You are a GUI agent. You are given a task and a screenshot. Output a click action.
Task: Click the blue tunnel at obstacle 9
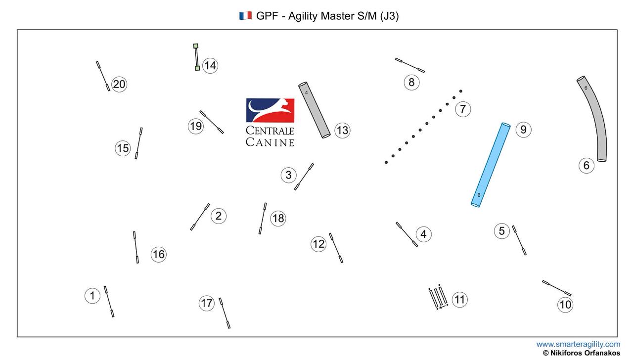490,165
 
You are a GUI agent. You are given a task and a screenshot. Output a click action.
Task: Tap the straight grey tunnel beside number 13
314,110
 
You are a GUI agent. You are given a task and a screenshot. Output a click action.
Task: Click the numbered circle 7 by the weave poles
462,109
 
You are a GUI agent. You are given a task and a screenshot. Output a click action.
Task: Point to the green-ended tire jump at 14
196,57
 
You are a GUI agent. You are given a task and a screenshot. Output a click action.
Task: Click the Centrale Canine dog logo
270,110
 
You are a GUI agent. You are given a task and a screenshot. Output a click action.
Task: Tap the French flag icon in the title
245,16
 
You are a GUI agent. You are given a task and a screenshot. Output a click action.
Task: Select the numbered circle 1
92,296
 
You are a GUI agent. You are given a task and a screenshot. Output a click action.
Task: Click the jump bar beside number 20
103,76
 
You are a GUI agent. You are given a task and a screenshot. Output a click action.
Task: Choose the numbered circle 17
206,303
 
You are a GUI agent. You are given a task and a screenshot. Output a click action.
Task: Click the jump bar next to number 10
557,288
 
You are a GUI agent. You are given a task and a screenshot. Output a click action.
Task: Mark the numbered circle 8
411,82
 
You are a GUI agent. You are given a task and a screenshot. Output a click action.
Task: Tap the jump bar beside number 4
407,234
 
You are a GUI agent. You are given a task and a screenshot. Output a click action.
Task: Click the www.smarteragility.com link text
578,344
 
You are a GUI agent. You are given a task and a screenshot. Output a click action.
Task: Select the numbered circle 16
158,254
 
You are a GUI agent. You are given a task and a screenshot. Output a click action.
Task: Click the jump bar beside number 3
304,177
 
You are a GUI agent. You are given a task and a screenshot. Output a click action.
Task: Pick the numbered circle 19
196,126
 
